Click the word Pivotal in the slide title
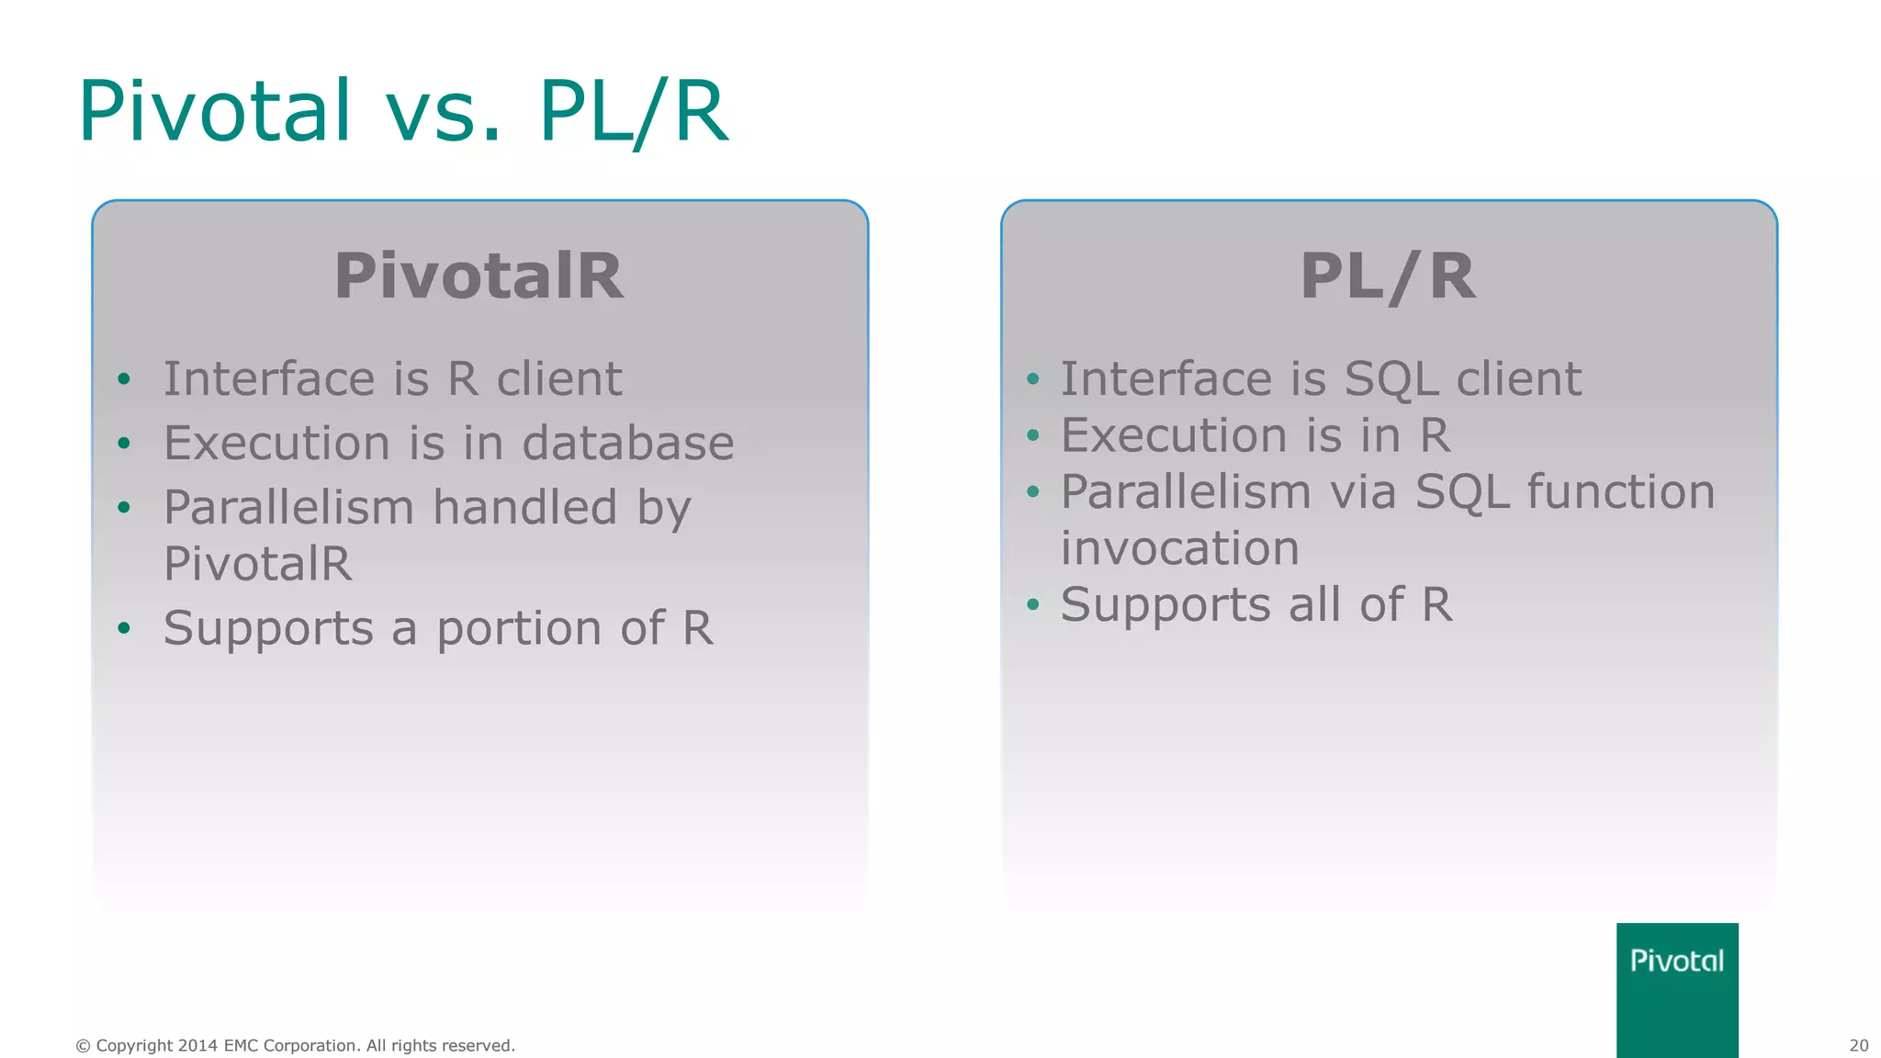tap(215, 111)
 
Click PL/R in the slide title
tap(634, 111)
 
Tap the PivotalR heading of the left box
tap(479, 276)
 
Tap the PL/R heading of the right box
tap(1388, 276)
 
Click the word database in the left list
tap(628, 443)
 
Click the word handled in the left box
tap(524, 507)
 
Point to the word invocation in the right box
tap(1180, 549)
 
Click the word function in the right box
tap(1621, 491)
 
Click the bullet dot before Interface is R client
tap(124, 379)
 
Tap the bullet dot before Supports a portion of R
tap(124, 628)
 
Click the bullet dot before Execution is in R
tap(1032, 435)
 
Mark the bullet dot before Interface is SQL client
tap(1032, 379)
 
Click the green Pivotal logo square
tap(1677, 989)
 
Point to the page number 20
tap(1858, 1045)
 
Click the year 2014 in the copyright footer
tap(197, 1045)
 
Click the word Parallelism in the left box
tap(288, 507)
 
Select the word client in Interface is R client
tap(559, 379)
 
